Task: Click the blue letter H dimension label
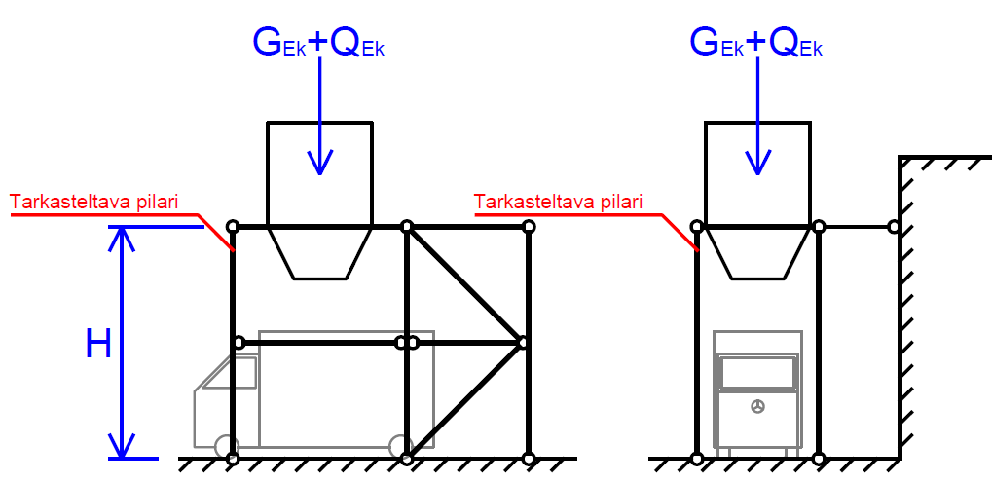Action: click(x=98, y=344)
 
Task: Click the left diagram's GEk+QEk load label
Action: click(x=318, y=42)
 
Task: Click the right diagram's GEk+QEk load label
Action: click(x=756, y=42)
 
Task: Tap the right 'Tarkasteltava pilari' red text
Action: click(x=559, y=203)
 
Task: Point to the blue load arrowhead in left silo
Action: click(x=318, y=164)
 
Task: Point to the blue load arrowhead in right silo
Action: click(x=756, y=164)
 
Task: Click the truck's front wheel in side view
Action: click(x=232, y=447)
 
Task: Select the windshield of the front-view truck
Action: click(x=756, y=371)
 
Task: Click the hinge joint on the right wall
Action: click(x=893, y=227)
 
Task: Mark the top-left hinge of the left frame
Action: click(x=232, y=227)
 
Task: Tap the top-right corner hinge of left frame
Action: click(x=529, y=227)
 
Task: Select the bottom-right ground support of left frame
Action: click(x=529, y=458)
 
